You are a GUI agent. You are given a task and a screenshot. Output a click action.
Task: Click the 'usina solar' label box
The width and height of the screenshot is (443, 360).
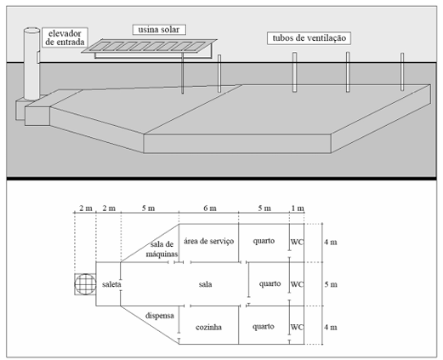(159, 30)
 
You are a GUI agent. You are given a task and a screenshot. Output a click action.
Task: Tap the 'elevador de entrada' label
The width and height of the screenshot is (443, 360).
(65, 37)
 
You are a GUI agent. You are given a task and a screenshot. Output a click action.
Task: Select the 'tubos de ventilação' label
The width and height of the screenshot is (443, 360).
(309, 38)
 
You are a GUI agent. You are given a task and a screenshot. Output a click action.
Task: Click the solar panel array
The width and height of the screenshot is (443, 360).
(149, 46)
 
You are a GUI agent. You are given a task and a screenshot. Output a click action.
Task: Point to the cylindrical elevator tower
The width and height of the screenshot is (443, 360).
(31, 64)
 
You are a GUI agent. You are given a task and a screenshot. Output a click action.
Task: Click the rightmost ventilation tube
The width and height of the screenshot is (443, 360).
(402, 71)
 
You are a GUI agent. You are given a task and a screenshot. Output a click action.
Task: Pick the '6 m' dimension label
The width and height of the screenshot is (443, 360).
(210, 209)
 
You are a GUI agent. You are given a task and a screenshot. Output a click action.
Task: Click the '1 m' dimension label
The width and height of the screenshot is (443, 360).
(298, 209)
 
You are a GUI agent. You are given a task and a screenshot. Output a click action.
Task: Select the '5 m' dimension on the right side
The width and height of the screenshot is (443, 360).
(331, 284)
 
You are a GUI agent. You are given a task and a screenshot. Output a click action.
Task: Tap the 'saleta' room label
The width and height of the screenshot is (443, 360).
(111, 284)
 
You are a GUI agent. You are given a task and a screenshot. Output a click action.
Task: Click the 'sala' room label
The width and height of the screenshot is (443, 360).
(205, 284)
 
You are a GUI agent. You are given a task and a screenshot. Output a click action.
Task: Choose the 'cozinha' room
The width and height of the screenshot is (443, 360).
(208, 327)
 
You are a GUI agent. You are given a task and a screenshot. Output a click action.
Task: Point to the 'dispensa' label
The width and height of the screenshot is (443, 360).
(160, 316)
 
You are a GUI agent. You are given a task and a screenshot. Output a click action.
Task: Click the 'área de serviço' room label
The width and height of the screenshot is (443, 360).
(209, 241)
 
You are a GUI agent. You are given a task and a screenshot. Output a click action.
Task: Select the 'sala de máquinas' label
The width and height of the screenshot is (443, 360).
(162, 249)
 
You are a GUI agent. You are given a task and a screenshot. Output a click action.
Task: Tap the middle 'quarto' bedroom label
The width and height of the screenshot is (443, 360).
(270, 283)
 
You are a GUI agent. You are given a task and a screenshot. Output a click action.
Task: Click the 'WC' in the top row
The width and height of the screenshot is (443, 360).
(297, 242)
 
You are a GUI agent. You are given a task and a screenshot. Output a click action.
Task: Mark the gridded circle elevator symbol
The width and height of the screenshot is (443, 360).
(85, 284)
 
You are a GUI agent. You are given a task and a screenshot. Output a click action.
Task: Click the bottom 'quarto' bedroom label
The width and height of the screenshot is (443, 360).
(264, 327)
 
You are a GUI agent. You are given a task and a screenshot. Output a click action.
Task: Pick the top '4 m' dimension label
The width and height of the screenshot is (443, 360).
(331, 242)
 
